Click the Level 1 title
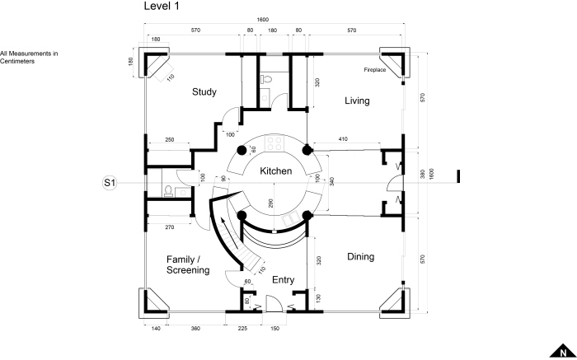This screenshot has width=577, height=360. (x=162, y=6)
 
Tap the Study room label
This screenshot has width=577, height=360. (x=204, y=92)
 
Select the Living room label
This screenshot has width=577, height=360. (x=357, y=101)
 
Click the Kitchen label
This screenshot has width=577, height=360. (x=276, y=171)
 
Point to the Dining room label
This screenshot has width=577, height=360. (x=361, y=257)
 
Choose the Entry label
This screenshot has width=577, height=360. (x=283, y=280)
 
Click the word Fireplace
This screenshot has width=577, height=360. (x=375, y=69)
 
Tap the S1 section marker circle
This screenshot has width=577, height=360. (x=110, y=183)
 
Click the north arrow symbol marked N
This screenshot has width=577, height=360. (x=563, y=351)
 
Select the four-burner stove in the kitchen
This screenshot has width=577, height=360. (x=274, y=143)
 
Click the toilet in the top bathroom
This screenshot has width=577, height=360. (x=265, y=79)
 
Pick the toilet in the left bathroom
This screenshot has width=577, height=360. (x=168, y=191)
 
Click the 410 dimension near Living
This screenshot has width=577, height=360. (x=343, y=139)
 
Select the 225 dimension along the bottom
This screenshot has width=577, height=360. (x=242, y=329)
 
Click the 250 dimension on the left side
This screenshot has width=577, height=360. (x=169, y=140)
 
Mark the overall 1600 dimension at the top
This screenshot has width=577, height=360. (x=263, y=20)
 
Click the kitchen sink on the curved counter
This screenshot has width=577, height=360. (x=288, y=221)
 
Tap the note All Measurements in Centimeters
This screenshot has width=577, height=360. (x=29, y=58)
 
